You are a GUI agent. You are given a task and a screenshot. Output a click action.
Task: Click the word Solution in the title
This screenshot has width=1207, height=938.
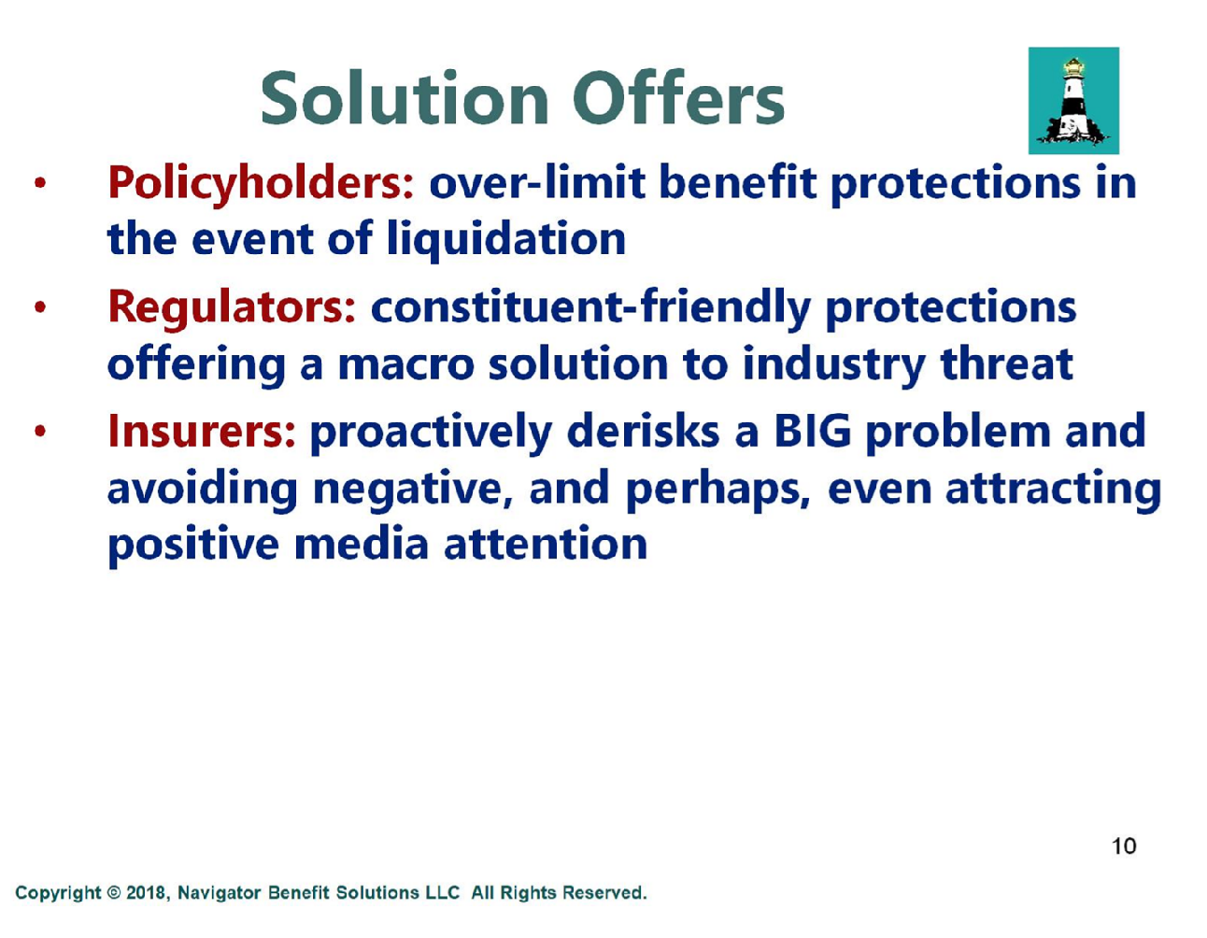[405, 98]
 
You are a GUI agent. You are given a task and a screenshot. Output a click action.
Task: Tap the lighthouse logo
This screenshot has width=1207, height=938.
[1073, 101]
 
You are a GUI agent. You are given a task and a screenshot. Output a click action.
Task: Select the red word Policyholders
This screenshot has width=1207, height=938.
[261, 183]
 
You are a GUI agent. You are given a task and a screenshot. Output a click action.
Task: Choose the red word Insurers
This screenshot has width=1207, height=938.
[202, 432]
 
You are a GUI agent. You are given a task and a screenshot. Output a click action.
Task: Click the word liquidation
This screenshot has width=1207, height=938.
[506, 239]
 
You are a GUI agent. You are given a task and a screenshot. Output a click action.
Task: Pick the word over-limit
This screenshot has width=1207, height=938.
[536, 182]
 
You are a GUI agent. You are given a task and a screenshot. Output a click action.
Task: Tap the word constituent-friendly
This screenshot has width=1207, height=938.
[590, 307]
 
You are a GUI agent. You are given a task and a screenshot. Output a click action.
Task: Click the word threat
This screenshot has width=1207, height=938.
[1006, 363]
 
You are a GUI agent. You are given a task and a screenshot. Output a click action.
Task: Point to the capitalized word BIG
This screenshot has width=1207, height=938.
[813, 431]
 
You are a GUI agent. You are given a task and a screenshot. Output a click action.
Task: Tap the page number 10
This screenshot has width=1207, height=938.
[1124, 846]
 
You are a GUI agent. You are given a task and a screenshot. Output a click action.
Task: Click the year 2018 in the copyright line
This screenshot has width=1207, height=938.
[146, 892]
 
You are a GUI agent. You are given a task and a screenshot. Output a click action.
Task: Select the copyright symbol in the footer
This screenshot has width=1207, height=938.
[113, 892]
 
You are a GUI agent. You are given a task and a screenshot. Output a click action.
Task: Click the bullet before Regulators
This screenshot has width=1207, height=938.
[39, 306]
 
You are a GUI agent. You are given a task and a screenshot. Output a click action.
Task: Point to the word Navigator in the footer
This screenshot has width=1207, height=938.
[219, 892]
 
